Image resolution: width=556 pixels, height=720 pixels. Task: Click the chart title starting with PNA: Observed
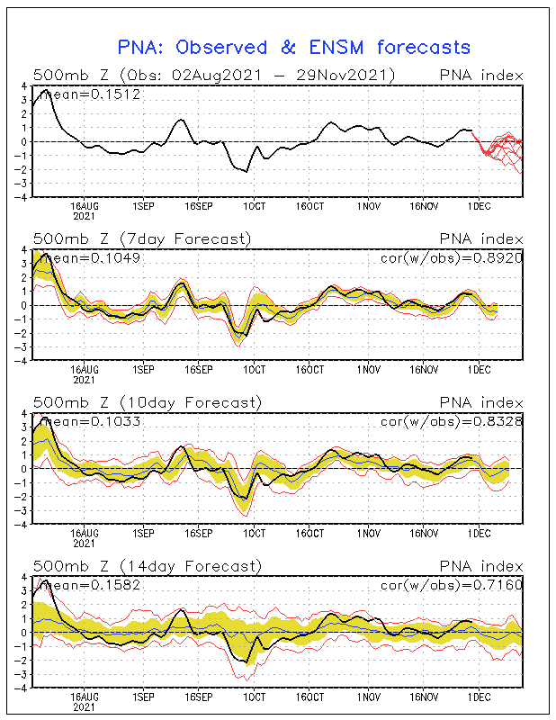pos(294,47)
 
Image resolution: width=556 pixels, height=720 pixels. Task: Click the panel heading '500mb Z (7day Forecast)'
pos(142,238)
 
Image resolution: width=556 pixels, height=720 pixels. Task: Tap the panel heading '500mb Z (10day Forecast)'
pos(147,402)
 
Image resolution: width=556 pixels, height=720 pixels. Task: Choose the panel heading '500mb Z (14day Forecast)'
pos(147,566)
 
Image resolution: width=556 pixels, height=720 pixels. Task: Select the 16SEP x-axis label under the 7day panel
pos(197,369)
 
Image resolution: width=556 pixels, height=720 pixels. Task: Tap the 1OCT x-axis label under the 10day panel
pos(254,533)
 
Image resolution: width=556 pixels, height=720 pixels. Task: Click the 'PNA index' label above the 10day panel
pos(480,402)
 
